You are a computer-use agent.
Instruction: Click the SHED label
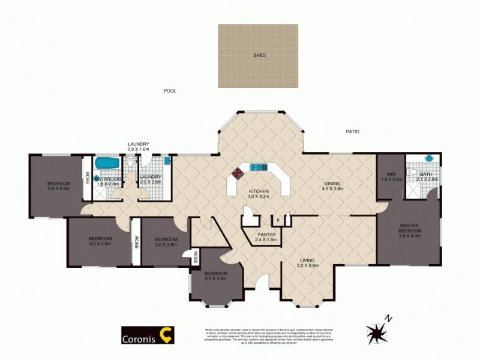[259, 55]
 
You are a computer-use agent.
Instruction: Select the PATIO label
[352, 131]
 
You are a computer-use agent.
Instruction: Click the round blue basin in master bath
[429, 159]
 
